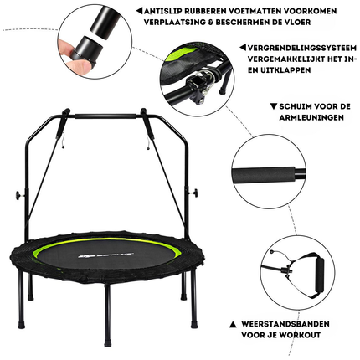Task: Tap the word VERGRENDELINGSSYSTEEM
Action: [302, 48]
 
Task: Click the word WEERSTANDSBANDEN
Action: [285, 324]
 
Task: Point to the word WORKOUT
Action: [300, 335]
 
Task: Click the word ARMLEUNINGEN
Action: [311, 117]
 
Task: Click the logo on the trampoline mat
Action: [105, 255]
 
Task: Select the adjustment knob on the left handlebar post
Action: [19, 194]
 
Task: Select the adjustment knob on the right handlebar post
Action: [194, 193]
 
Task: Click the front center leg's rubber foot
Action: [108, 342]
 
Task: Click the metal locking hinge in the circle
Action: [200, 83]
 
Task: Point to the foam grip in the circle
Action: [264, 175]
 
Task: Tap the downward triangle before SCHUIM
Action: [273, 106]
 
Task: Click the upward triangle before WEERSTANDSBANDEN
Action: [233, 325]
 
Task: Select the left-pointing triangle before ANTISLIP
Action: [139, 11]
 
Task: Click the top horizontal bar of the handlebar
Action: [106, 116]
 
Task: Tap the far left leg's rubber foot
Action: [21, 324]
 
